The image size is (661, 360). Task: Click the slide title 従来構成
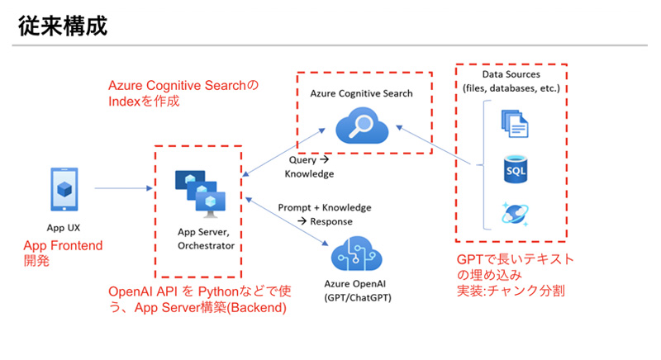pos(62,25)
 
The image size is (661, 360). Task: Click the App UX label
pos(62,227)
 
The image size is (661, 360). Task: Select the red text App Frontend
pos(63,245)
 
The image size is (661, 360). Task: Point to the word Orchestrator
pos(206,245)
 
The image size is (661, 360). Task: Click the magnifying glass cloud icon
pos(360,128)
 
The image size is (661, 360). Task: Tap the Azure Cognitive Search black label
pos(361,94)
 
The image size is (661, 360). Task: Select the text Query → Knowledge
pos(310,168)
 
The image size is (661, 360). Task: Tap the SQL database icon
pos(515,170)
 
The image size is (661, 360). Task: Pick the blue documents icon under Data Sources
pos(514,124)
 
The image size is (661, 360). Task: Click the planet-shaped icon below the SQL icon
pos(515,212)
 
